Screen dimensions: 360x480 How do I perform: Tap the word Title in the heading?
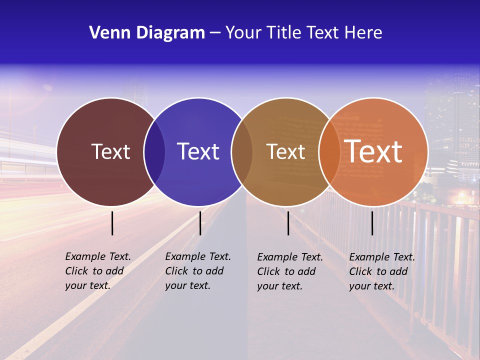pyautogui.click(x=284, y=32)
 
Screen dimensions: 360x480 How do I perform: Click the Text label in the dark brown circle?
pyautogui.click(x=110, y=151)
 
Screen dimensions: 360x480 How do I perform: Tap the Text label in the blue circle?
pyautogui.click(x=198, y=151)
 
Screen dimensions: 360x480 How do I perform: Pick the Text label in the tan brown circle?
pyautogui.click(x=285, y=151)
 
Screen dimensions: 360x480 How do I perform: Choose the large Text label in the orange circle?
pyautogui.click(x=373, y=151)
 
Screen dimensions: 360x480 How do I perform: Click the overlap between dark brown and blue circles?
pyautogui.click(x=154, y=151)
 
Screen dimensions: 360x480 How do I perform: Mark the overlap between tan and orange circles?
pyautogui.click(x=329, y=151)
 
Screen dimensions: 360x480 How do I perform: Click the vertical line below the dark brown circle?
pyautogui.click(x=112, y=223)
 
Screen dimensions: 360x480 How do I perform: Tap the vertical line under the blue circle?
pyautogui.click(x=200, y=223)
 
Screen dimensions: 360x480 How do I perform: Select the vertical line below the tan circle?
pyautogui.click(x=288, y=223)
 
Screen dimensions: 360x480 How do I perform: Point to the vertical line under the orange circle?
pyautogui.click(x=372, y=223)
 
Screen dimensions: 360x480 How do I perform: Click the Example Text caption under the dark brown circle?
pyautogui.click(x=97, y=271)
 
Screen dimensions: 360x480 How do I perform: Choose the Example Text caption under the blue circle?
pyautogui.click(x=197, y=271)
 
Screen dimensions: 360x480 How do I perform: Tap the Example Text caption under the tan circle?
pyautogui.click(x=289, y=271)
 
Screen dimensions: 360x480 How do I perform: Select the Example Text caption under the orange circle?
pyautogui.click(x=381, y=271)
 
